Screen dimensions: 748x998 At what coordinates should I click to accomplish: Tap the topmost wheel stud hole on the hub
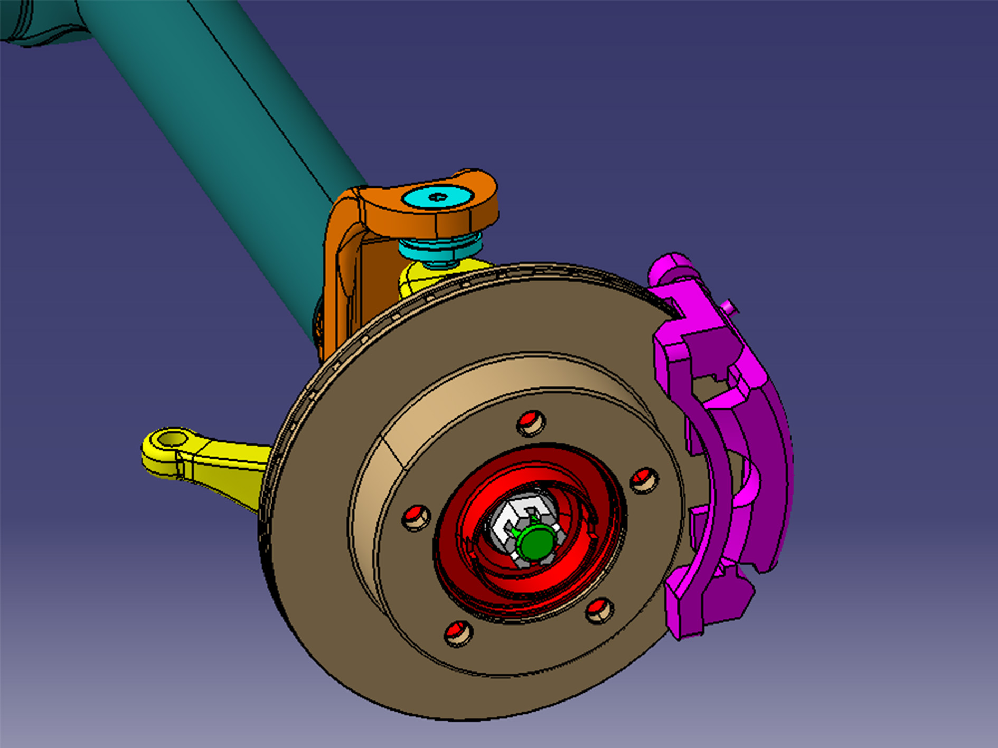[x=531, y=422]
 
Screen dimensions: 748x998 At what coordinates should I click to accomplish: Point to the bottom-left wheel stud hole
[x=458, y=632]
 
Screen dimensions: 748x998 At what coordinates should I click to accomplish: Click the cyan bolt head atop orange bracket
[x=437, y=197]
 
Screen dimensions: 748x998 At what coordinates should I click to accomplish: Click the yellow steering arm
[x=222, y=465]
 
